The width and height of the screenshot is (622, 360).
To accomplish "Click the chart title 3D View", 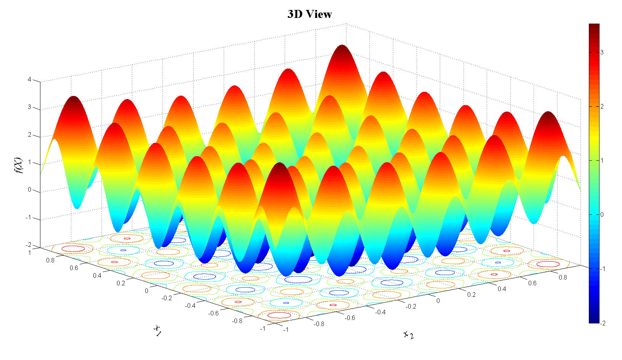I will point(309,14).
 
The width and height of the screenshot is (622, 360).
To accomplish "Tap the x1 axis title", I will point(157,330).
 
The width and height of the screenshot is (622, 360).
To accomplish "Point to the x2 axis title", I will point(409,335).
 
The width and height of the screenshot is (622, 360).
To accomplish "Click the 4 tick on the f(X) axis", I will point(29,80).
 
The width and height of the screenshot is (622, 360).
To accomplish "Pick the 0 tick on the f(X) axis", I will point(29,190).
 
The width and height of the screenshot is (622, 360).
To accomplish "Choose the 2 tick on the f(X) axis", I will point(29,135).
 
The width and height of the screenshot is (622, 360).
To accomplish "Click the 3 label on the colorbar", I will point(602,52).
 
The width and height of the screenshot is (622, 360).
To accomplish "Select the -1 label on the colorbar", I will point(603,269).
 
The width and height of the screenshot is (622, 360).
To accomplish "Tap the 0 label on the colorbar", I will point(602,214).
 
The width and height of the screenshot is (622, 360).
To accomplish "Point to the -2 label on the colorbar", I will point(603,323).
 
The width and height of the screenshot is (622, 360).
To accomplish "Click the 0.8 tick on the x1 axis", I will point(50,260).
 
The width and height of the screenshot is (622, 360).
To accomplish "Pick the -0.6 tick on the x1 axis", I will point(213,313).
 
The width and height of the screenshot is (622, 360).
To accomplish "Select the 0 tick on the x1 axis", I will point(146,291).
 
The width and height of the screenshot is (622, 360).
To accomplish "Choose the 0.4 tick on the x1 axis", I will point(97,275).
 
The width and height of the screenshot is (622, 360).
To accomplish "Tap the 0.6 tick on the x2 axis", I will point(532,283).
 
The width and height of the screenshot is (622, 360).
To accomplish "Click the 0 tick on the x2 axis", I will point(438,301).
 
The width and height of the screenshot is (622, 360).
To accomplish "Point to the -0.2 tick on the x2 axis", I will point(410,306).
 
